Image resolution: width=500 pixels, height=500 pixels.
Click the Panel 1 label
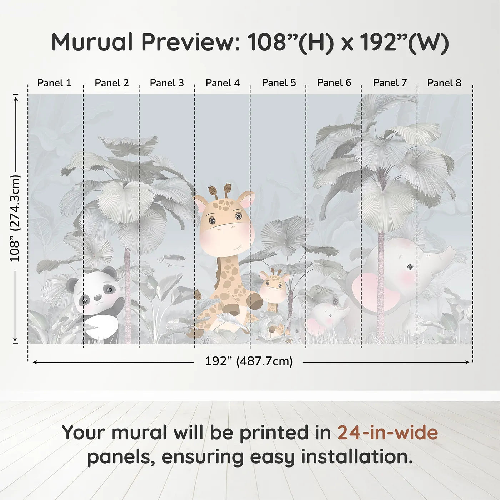click(x=54, y=83)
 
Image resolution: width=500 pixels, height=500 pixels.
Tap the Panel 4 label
click(x=222, y=83)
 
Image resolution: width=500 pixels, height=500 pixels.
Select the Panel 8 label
click(x=444, y=83)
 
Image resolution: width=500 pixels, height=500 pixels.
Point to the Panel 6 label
click(x=334, y=83)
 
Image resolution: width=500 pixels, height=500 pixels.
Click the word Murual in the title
click(x=92, y=42)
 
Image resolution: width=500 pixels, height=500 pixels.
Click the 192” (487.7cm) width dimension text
click(x=249, y=361)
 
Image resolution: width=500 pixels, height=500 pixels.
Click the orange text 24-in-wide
click(x=387, y=432)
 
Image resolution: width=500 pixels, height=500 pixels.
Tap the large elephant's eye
click(x=410, y=267)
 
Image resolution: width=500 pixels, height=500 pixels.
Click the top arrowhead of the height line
click(x=15, y=97)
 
